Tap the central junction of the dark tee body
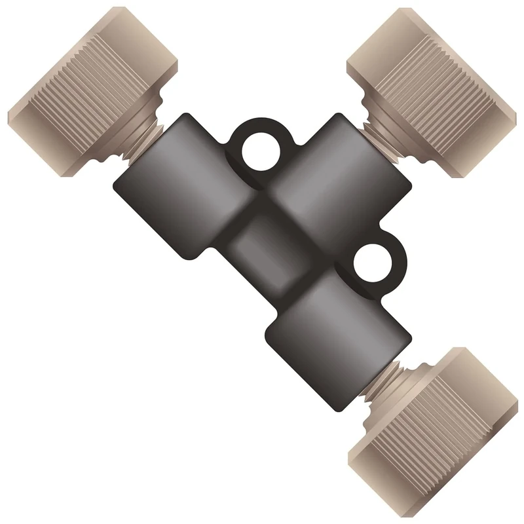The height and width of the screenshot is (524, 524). point(269,242)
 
